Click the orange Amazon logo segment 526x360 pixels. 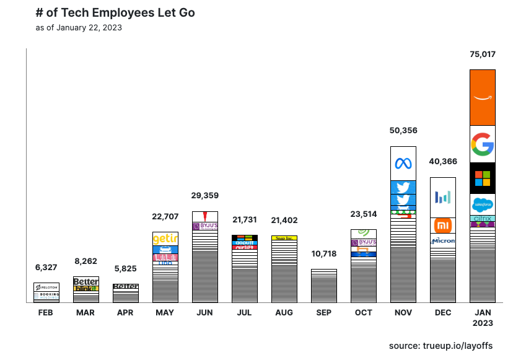[x=483, y=97]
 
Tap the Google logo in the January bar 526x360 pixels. [x=483, y=144]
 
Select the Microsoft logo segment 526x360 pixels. [x=483, y=178]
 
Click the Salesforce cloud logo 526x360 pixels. [x=483, y=204]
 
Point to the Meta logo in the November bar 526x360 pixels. [x=403, y=164]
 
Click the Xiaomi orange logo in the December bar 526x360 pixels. [x=443, y=225]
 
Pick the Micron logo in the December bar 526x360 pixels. [x=443, y=240]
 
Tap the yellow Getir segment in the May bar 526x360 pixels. [x=165, y=239]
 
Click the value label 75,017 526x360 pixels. [x=483, y=55]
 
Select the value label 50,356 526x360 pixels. [x=403, y=131]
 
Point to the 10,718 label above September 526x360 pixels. [x=324, y=254]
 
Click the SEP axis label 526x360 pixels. [x=324, y=313]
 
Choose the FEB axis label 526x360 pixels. [x=46, y=313]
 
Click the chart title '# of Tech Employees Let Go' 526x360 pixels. [x=115, y=13]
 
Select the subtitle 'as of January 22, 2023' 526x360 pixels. [x=79, y=28]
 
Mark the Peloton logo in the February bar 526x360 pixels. [x=46, y=288]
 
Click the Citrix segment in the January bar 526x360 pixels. [x=483, y=219]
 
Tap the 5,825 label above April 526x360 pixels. [x=126, y=269]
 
